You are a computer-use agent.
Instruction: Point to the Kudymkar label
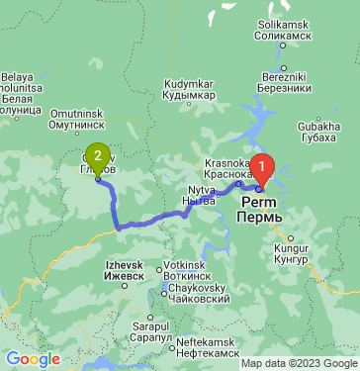pyautogui.click(x=188, y=89)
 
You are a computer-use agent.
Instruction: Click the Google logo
pyautogui.click(x=34, y=359)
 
